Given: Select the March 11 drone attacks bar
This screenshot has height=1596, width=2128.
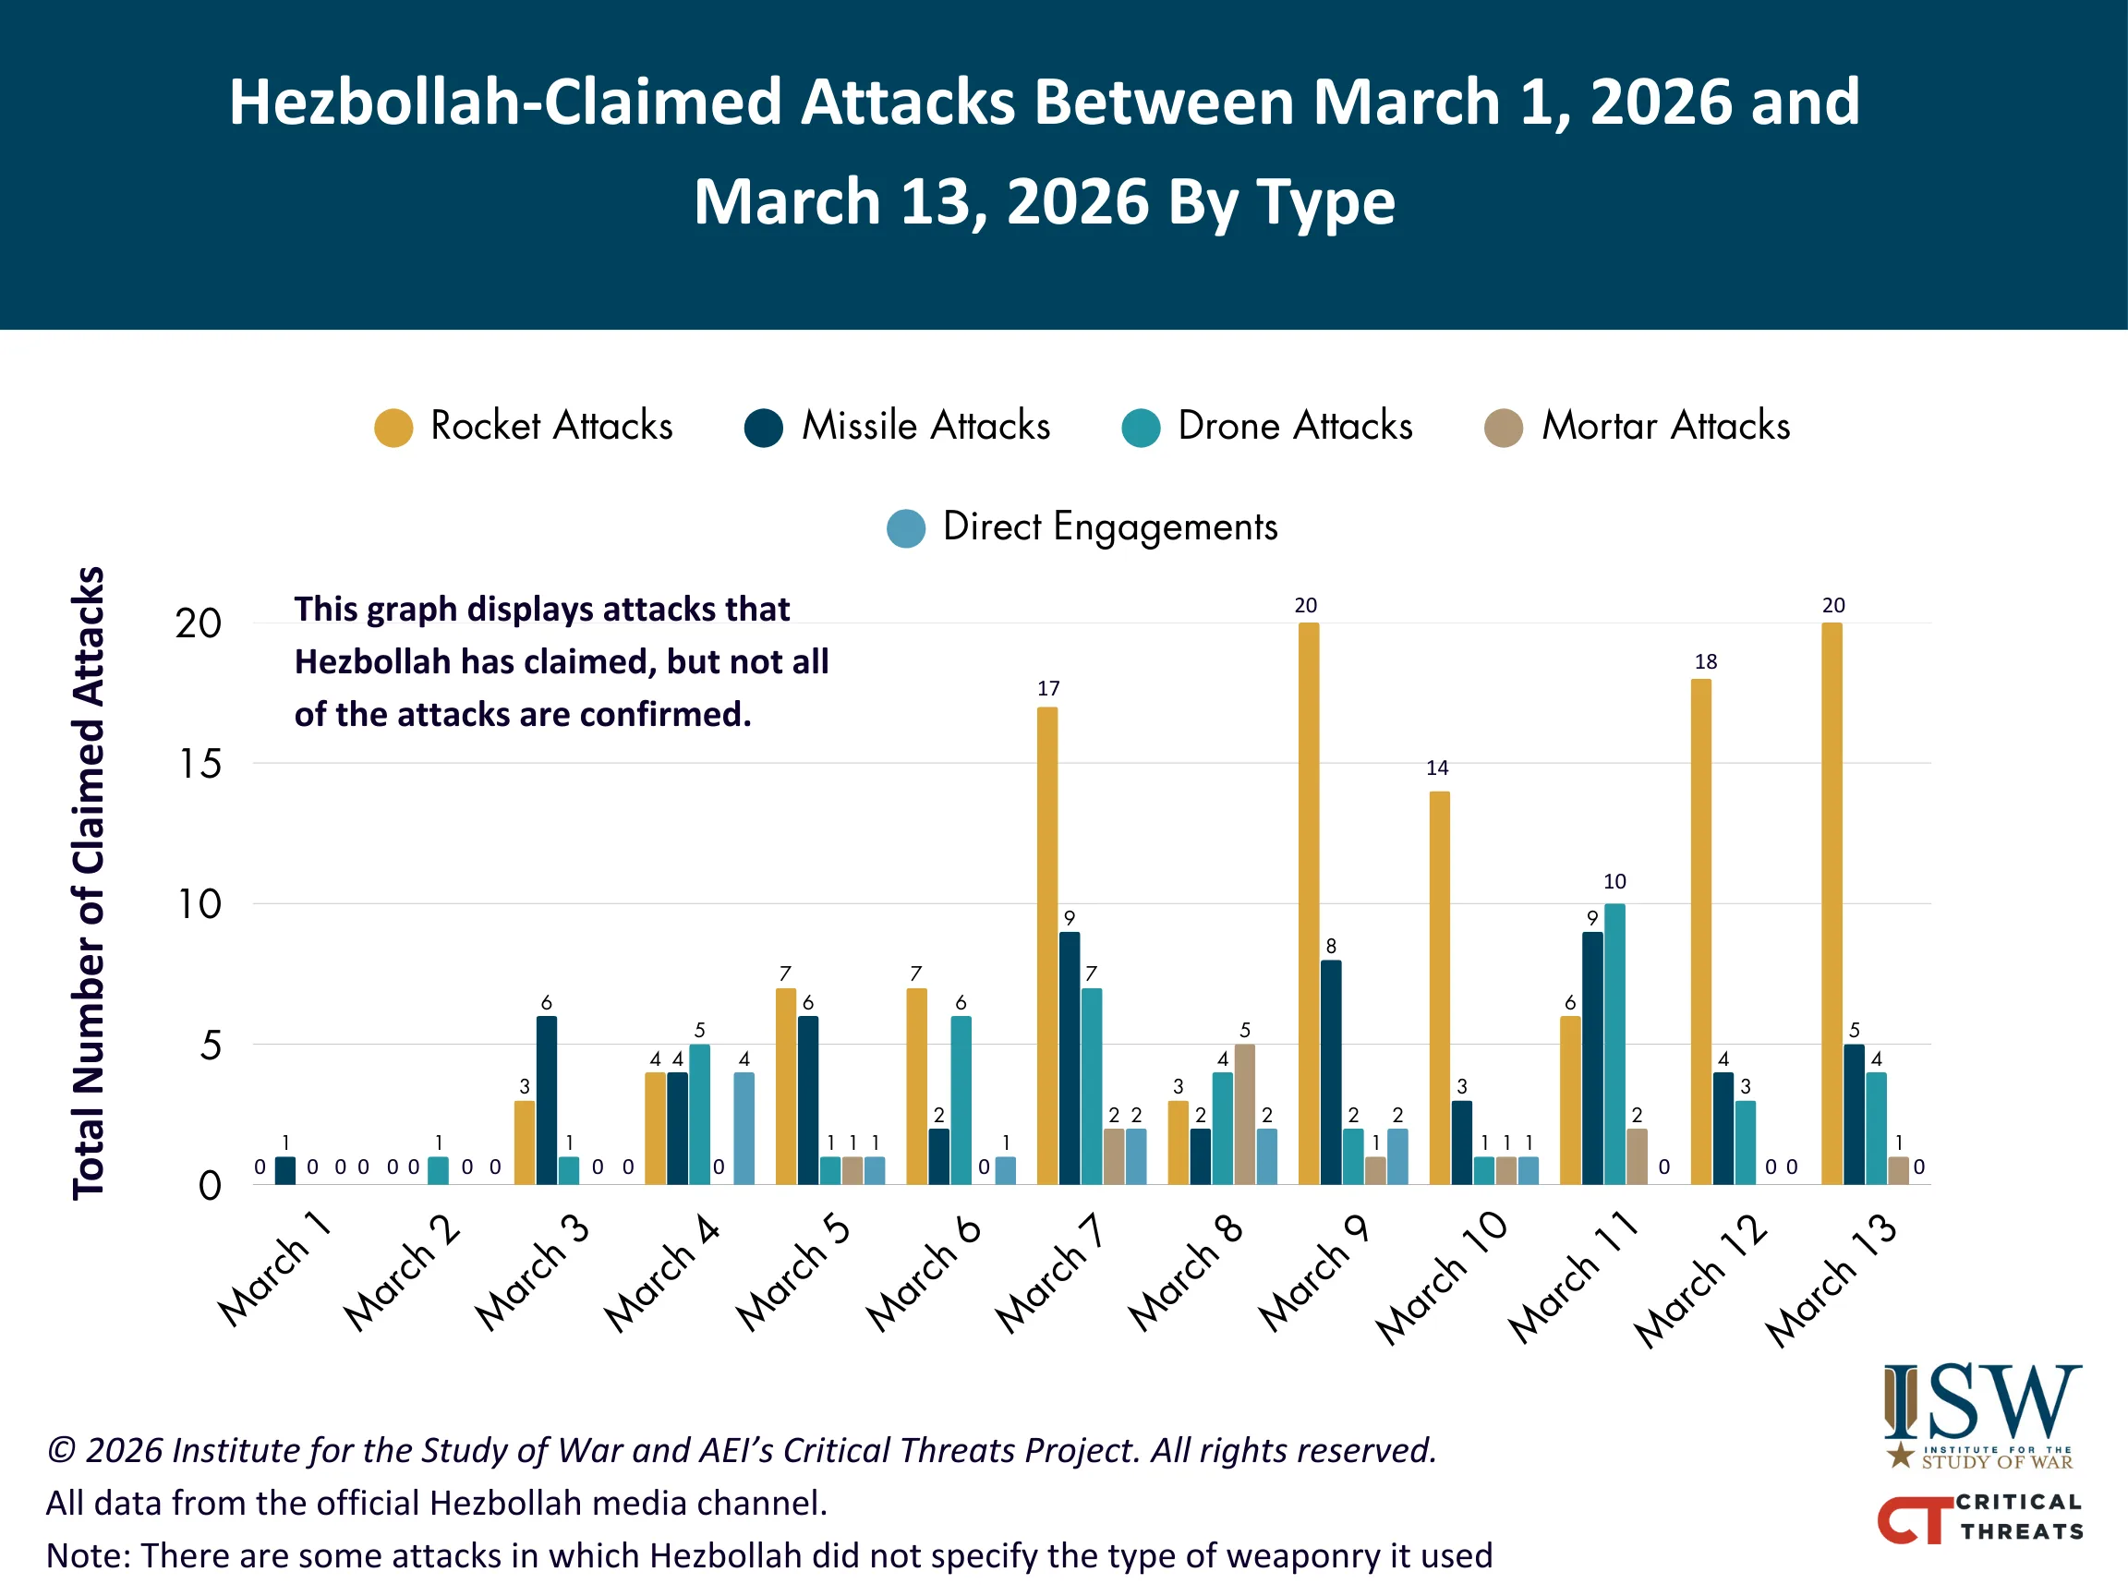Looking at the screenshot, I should coord(1614,1044).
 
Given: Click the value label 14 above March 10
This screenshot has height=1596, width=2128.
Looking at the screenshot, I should coord(1437,768).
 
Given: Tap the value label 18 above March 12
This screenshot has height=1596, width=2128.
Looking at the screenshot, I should coord(1706,662).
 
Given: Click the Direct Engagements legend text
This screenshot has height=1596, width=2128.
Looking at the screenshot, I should coord(1110,527).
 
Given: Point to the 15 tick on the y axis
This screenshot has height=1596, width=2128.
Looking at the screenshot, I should coord(200,765).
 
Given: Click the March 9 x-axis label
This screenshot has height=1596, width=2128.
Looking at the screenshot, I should coord(1314,1272).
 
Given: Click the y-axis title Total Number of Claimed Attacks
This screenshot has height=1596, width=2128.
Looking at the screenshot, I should coord(89,882).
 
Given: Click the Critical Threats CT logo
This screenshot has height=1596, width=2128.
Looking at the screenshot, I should coord(1980,1517).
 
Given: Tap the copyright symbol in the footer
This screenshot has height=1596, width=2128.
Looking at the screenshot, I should coord(61,1451).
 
